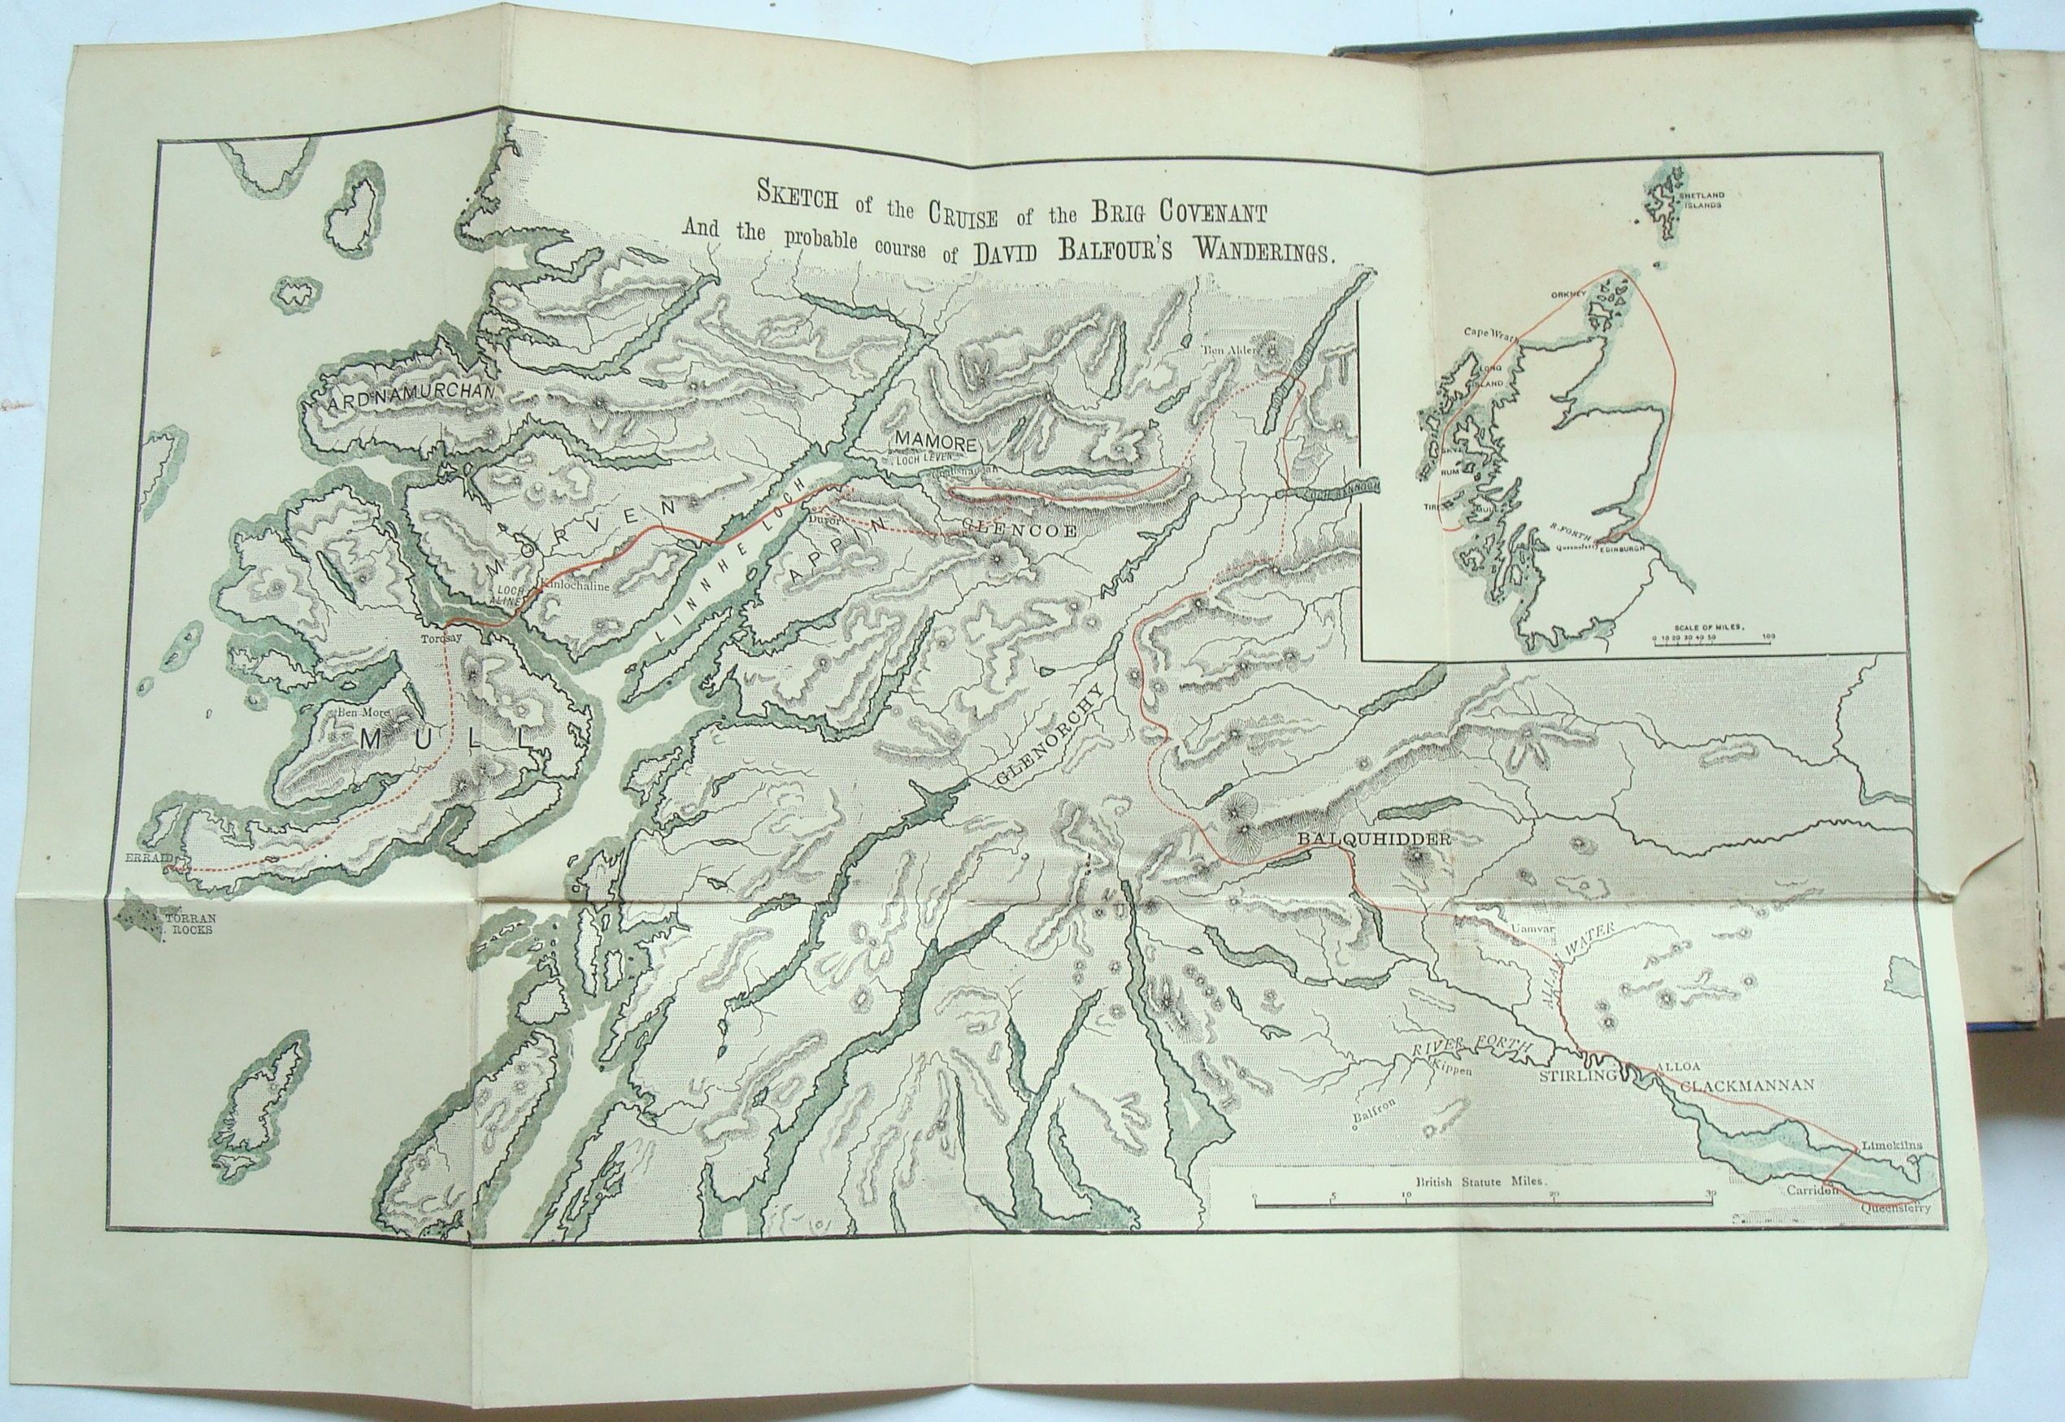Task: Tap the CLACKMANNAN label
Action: [x=1746, y=1085]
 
